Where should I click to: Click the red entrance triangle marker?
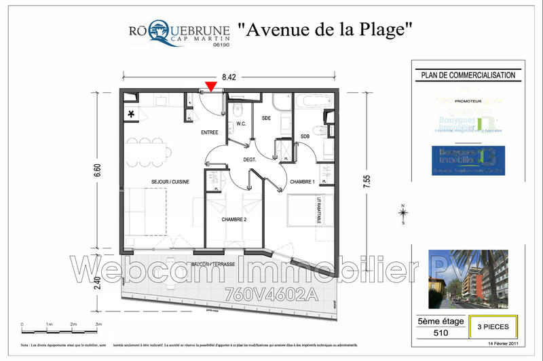[211, 85]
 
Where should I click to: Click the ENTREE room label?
[209, 133]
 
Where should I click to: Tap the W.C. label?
[240, 123]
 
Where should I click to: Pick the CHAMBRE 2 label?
[233, 219]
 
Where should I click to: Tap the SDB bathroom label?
[305, 136]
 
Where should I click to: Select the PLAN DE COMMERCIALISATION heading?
[468, 75]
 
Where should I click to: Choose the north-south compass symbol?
[403, 214]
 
